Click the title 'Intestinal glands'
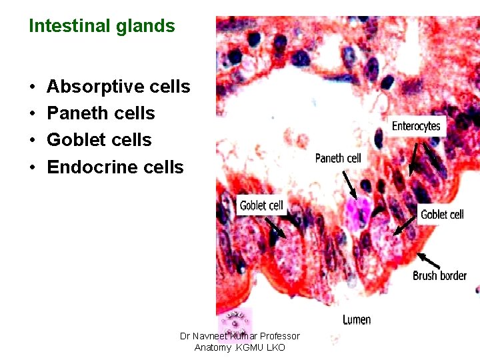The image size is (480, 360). click(x=102, y=27)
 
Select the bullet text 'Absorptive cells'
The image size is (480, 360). click(x=119, y=87)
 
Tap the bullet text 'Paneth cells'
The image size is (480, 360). click(x=101, y=113)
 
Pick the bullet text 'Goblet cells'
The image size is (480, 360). click(x=99, y=140)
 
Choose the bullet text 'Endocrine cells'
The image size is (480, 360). click(x=115, y=167)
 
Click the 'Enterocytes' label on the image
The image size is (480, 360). click(x=416, y=126)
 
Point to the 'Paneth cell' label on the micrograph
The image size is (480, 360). click(x=338, y=158)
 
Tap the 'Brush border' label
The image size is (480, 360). click(x=439, y=275)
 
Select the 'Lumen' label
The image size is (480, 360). click(x=357, y=320)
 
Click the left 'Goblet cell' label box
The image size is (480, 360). click(x=261, y=205)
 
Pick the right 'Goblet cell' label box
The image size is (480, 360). click(x=442, y=214)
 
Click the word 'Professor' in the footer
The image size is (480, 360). click(x=279, y=336)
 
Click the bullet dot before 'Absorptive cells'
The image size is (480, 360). click(x=32, y=87)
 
